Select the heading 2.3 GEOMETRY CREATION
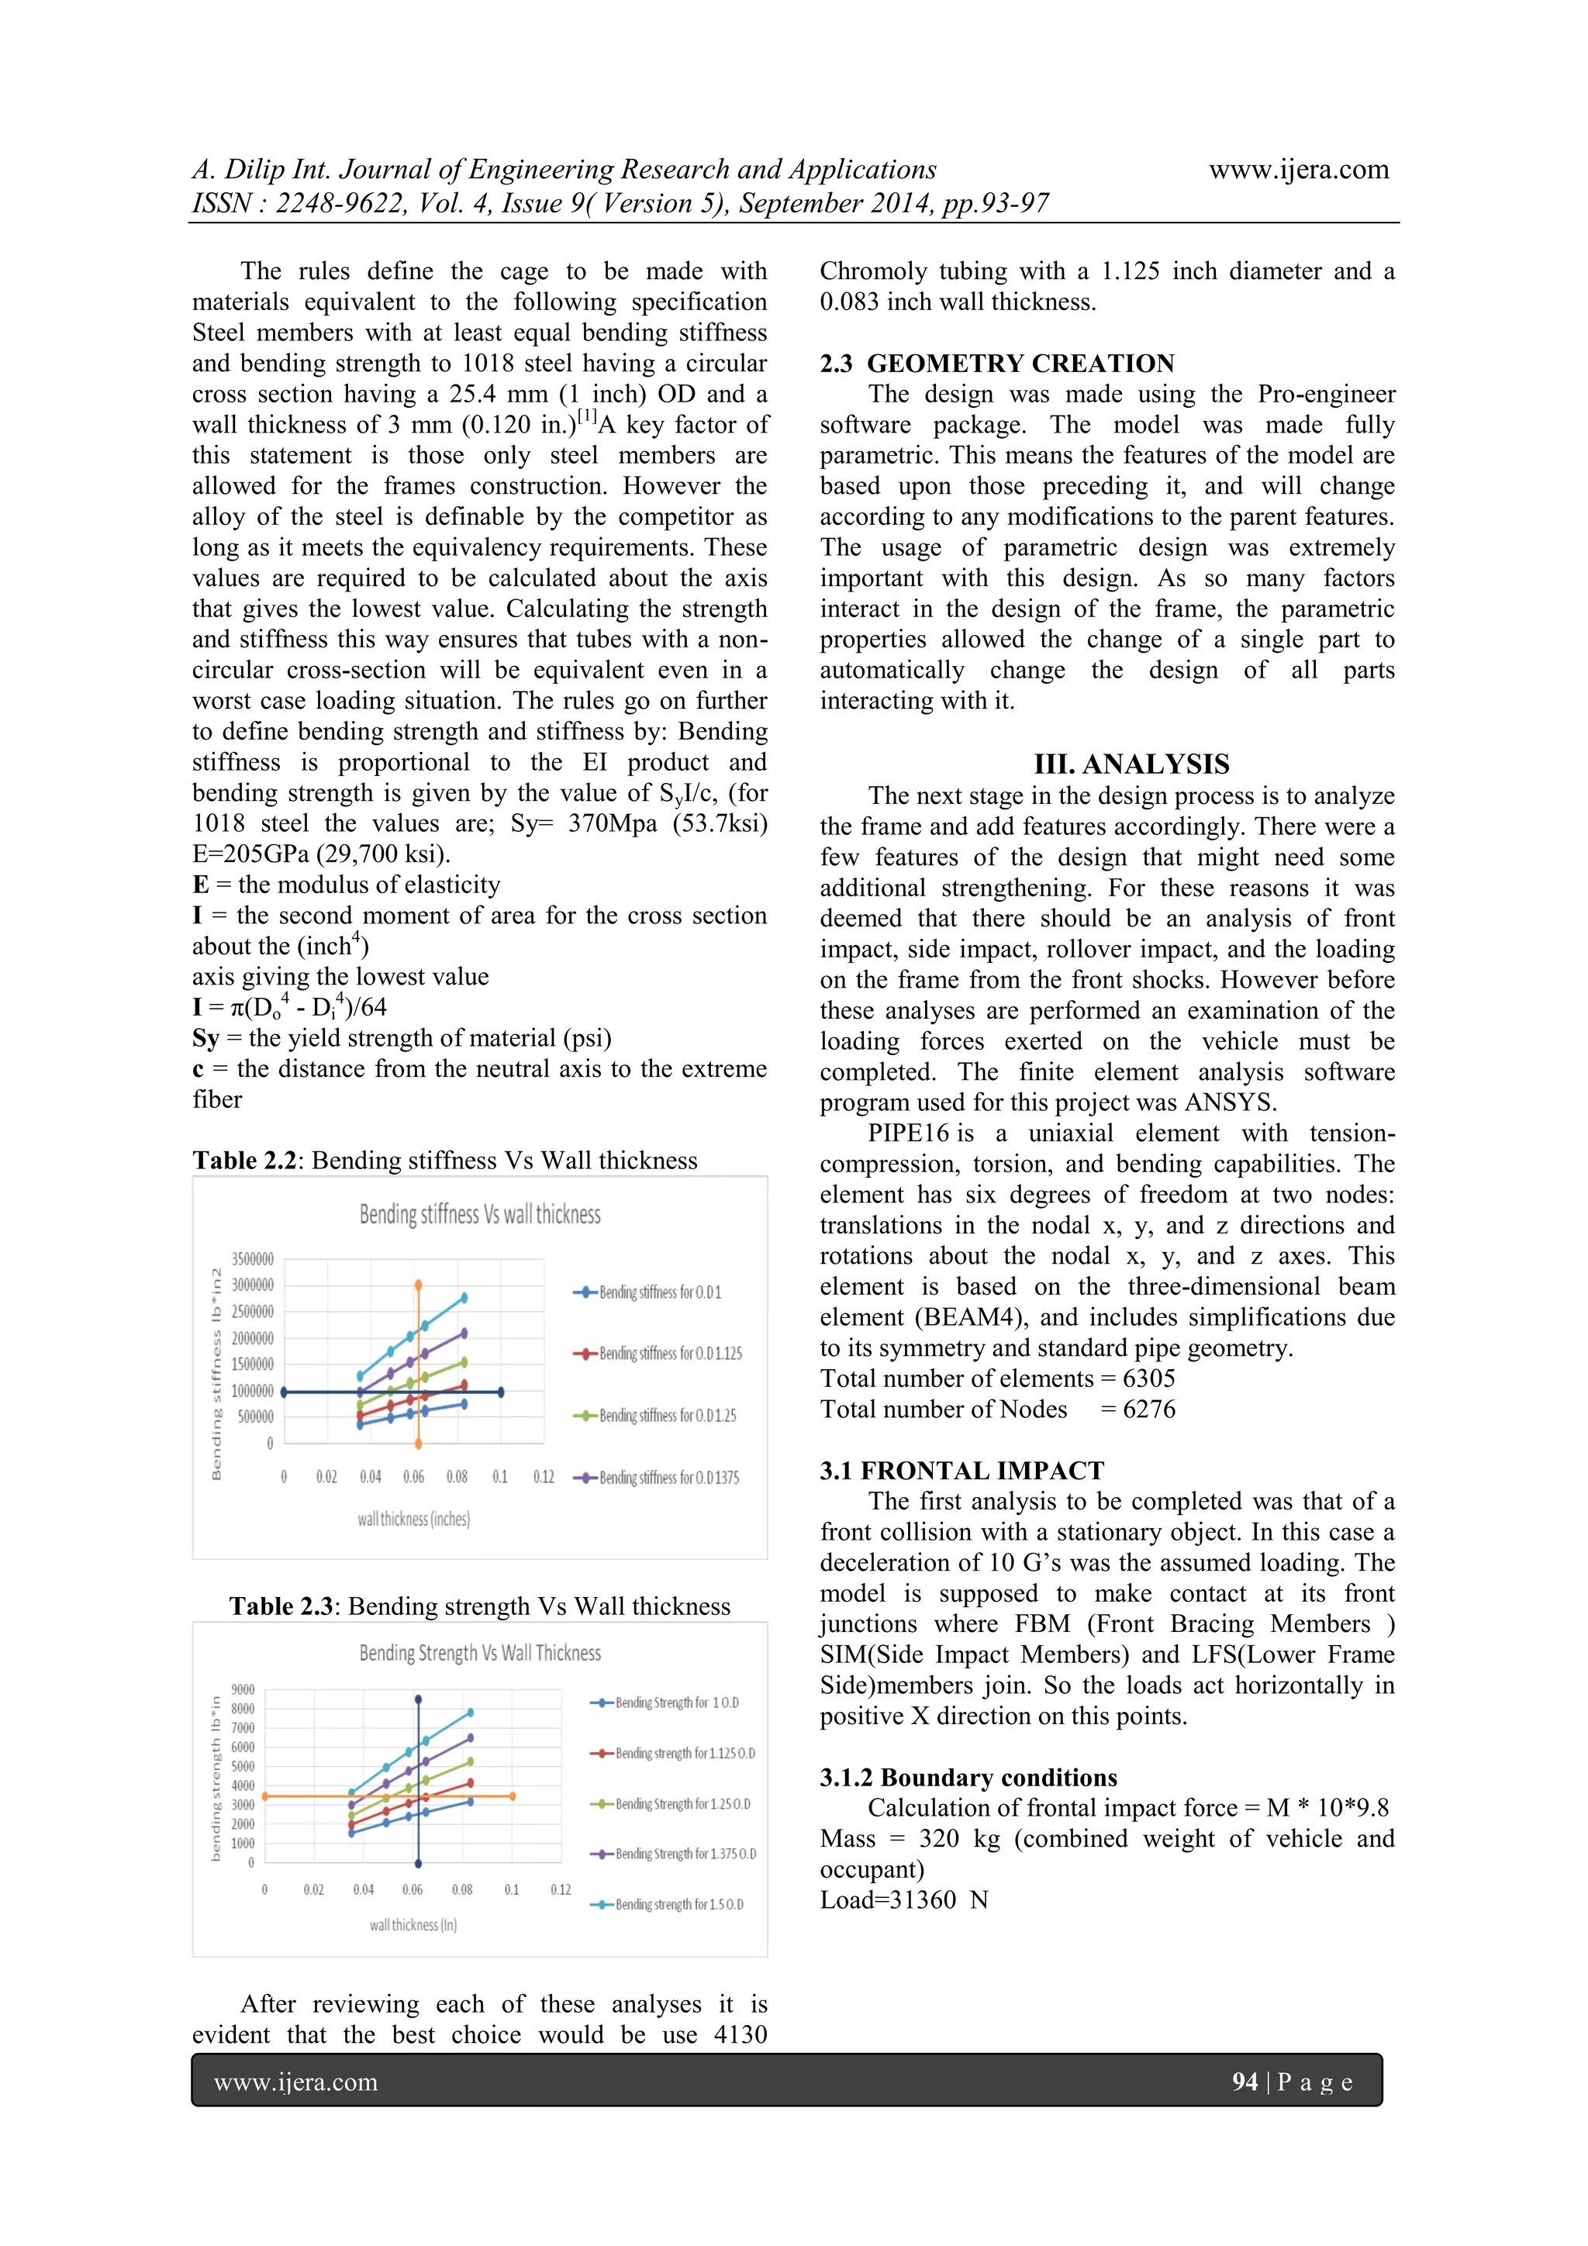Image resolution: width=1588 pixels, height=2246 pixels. point(997,363)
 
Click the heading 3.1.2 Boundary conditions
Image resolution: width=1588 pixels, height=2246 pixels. point(968,1778)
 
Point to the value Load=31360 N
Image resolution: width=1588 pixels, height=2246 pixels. point(904,1899)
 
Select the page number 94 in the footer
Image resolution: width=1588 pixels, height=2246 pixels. point(1245,2082)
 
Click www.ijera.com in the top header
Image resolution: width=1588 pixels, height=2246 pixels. point(1298,169)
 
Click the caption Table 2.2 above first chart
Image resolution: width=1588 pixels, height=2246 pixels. point(444,1160)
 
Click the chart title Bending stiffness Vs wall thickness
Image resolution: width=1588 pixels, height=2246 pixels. point(479,1214)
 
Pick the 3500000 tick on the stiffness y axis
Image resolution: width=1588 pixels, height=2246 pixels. point(253,1259)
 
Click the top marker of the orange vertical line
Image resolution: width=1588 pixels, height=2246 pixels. point(419,1285)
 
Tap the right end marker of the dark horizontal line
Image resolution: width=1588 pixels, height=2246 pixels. point(501,1391)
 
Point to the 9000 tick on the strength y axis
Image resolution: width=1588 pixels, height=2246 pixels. point(243,1689)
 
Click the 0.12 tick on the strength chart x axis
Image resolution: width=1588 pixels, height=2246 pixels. point(561,1890)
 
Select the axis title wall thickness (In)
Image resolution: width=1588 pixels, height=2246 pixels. point(413,1925)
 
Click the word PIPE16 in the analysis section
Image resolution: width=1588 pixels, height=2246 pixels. point(908,1133)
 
